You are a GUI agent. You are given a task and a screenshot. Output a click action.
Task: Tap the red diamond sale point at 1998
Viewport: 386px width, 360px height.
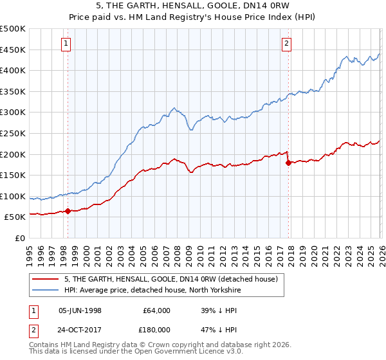click(x=68, y=211)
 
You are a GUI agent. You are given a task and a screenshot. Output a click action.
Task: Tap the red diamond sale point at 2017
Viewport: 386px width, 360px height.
click(x=288, y=163)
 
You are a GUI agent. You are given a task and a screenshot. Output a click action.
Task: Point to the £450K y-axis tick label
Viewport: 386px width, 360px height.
click(x=13, y=50)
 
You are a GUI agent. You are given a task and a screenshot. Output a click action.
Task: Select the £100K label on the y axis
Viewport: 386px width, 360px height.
click(x=13, y=196)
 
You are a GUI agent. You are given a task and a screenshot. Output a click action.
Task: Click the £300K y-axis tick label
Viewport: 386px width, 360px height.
click(x=13, y=113)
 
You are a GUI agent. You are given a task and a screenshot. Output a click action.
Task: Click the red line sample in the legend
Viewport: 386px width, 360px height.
click(x=46, y=279)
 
